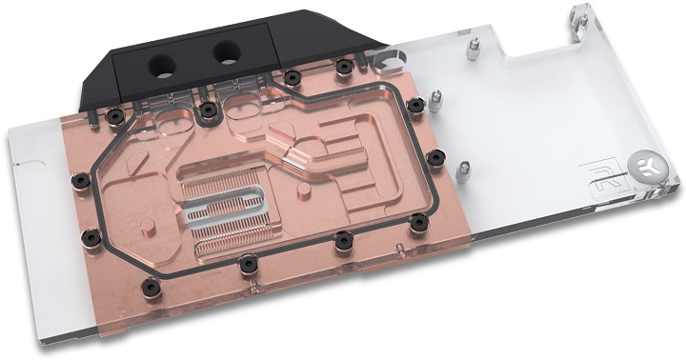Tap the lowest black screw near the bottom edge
pos(246,263)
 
